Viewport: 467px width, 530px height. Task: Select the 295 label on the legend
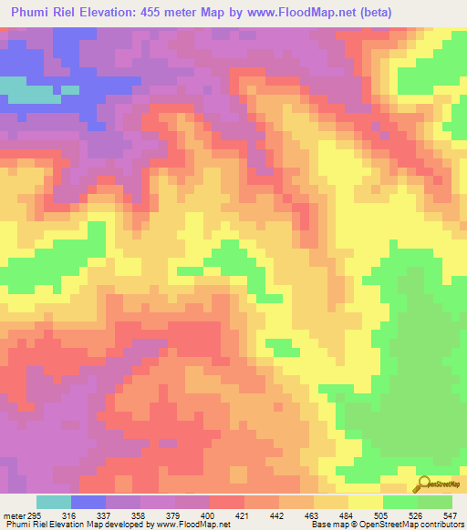[x=35, y=515]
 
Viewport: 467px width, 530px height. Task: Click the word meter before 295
[x=13, y=515]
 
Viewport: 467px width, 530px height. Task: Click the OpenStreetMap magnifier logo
[x=424, y=483]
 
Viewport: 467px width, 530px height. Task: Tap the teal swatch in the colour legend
[x=54, y=502]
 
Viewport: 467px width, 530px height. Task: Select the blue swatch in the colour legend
[x=88, y=502]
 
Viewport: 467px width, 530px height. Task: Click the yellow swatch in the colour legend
[x=366, y=502]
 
